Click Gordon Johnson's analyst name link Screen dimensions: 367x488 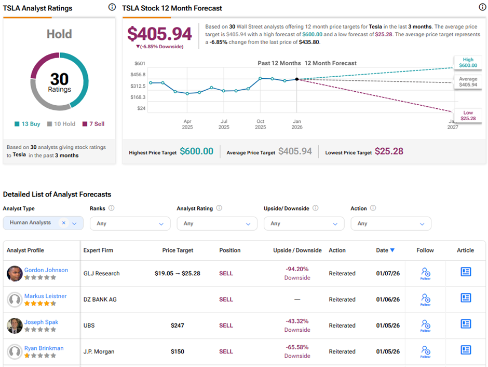coord(46,270)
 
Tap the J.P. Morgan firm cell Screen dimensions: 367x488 coord(99,351)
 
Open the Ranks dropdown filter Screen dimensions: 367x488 coord(130,223)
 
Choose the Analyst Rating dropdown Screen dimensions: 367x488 coord(217,223)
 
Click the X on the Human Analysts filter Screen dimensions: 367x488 coord(64,223)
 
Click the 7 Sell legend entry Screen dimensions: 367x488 coord(93,124)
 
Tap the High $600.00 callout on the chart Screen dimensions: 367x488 coord(468,63)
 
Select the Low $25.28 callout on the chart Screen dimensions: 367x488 coord(468,116)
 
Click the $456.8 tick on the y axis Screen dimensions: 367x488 coord(138,75)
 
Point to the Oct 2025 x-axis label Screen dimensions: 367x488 coord(260,124)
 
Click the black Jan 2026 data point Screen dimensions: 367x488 coord(296,79)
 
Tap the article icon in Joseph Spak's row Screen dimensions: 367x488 coord(466,324)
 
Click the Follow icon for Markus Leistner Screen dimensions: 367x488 coord(425,299)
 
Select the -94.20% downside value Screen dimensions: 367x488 coord(297,269)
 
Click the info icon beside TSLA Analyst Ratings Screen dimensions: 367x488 coord(112,7)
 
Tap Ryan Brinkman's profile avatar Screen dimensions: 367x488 coord(15,351)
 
